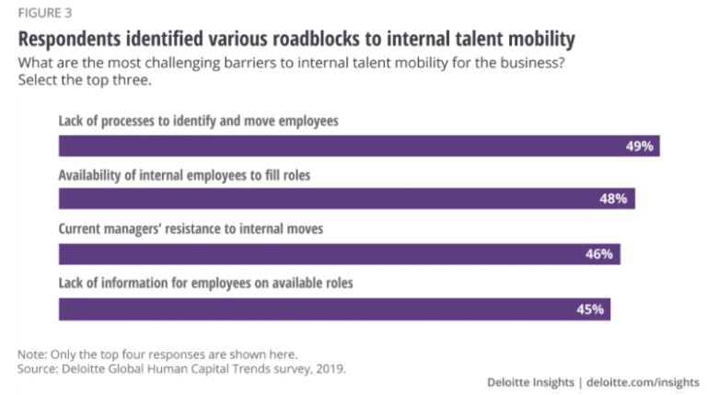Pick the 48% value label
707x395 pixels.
point(614,199)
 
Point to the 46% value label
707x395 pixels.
point(599,254)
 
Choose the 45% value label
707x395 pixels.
point(589,309)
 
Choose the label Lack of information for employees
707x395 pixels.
point(205,284)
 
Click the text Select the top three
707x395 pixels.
point(81,79)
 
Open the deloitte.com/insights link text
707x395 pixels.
point(643,382)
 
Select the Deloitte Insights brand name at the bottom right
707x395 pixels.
point(529,382)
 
